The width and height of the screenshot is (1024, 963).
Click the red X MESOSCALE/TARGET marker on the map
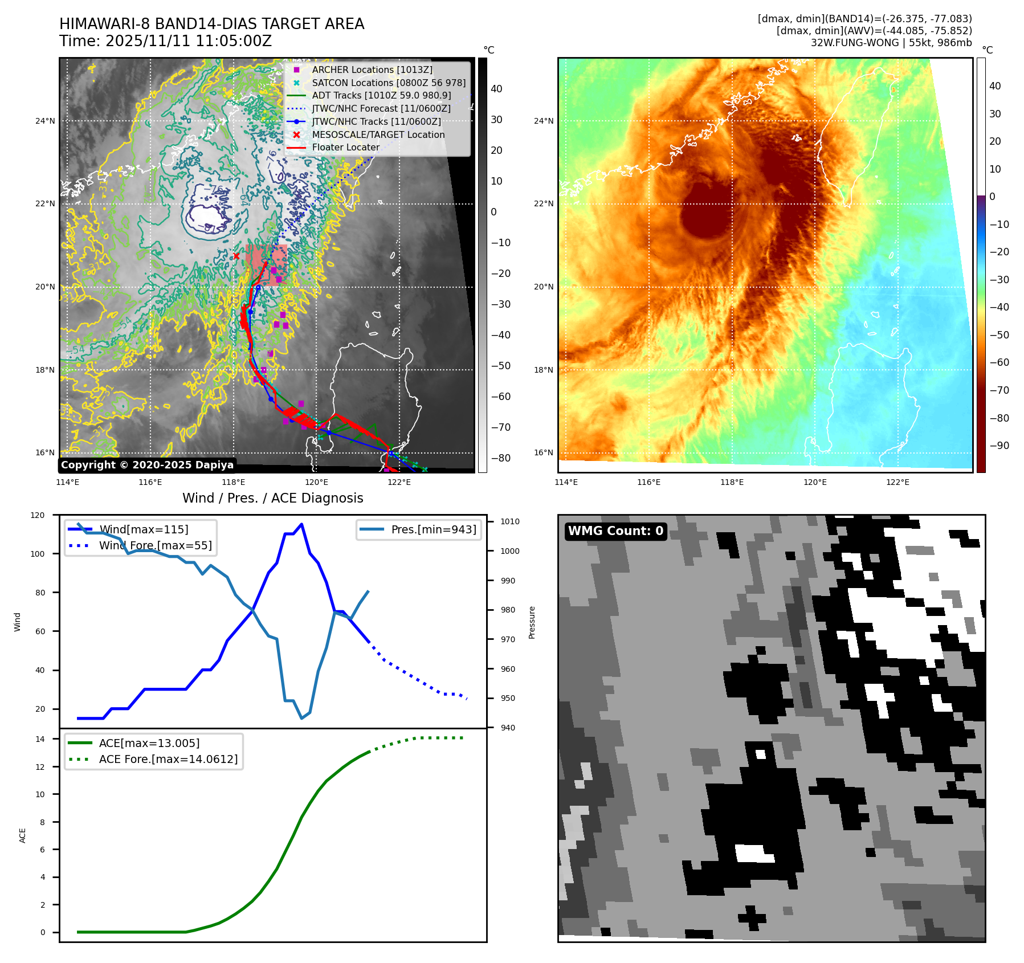[236, 256]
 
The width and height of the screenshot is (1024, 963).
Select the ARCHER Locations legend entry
[372, 70]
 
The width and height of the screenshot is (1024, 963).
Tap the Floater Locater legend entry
[345, 147]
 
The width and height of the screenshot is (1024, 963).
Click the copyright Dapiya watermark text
[147, 465]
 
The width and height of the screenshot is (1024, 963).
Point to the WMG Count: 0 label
[615, 531]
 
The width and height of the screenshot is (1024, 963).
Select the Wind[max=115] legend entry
[143, 529]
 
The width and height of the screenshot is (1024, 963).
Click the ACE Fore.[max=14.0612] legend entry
[168, 759]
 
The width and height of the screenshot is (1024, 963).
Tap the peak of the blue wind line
[301, 524]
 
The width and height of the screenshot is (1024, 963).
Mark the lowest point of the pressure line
[302, 718]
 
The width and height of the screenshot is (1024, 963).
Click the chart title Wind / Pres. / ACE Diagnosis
[272, 498]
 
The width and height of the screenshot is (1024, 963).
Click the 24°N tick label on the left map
[45, 121]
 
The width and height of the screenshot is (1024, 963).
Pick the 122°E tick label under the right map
[897, 482]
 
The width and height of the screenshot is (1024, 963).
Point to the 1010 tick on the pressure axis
[510, 521]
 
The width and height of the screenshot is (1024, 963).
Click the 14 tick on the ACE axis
[40, 739]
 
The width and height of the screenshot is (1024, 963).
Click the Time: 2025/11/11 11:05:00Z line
[165, 41]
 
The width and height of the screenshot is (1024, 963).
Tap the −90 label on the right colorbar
[999, 446]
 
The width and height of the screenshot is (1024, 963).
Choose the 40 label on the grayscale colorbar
[496, 89]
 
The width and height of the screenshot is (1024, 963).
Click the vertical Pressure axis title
[532, 622]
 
